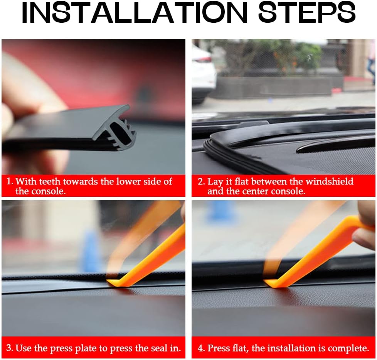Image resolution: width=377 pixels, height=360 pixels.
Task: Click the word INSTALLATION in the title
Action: click(x=135, y=12)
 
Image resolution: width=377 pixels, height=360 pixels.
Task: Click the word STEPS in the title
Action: click(x=307, y=12)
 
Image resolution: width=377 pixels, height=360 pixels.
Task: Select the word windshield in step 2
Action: click(x=330, y=181)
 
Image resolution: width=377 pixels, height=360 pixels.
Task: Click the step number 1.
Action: click(x=9, y=181)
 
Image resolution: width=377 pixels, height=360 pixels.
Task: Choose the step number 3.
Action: click(x=9, y=348)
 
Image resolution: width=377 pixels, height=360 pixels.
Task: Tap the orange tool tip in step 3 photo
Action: click(x=113, y=282)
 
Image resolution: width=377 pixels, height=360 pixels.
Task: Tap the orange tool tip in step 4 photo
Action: click(x=271, y=283)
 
